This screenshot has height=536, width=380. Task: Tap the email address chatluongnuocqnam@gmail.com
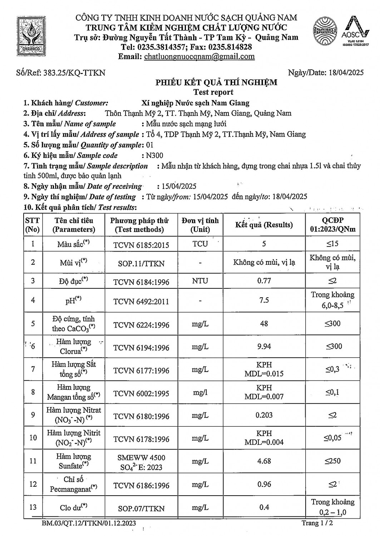pyautogui.click(x=199, y=56)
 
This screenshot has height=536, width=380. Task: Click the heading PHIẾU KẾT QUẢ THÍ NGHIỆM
pyautogui.click(x=216, y=83)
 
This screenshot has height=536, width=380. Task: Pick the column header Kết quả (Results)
pyautogui.click(x=264, y=225)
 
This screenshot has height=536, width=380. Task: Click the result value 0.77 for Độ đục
pyautogui.click(x=264, y=281)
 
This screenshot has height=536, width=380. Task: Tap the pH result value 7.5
pyautogui.click(x=264, y=300)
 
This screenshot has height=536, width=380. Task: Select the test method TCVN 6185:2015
pyautogui.click(x=141, y=245)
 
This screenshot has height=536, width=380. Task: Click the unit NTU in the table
pyautogui.click(x=200, y=281)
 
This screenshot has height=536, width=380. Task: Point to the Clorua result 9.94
pyautogui.click(x=264, y=346)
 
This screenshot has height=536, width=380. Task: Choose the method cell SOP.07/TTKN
pyautogui.click(x=141, y=508)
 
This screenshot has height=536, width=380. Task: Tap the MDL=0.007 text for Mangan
pyautogui.click(x=264, y=397)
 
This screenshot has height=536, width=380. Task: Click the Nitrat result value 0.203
pyautogui.click(x=264, y=415)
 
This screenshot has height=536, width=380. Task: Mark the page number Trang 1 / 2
pyautogui.click(x=319, y=523)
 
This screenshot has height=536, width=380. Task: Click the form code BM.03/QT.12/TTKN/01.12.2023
pyautogui.click(x=88, y=523)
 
